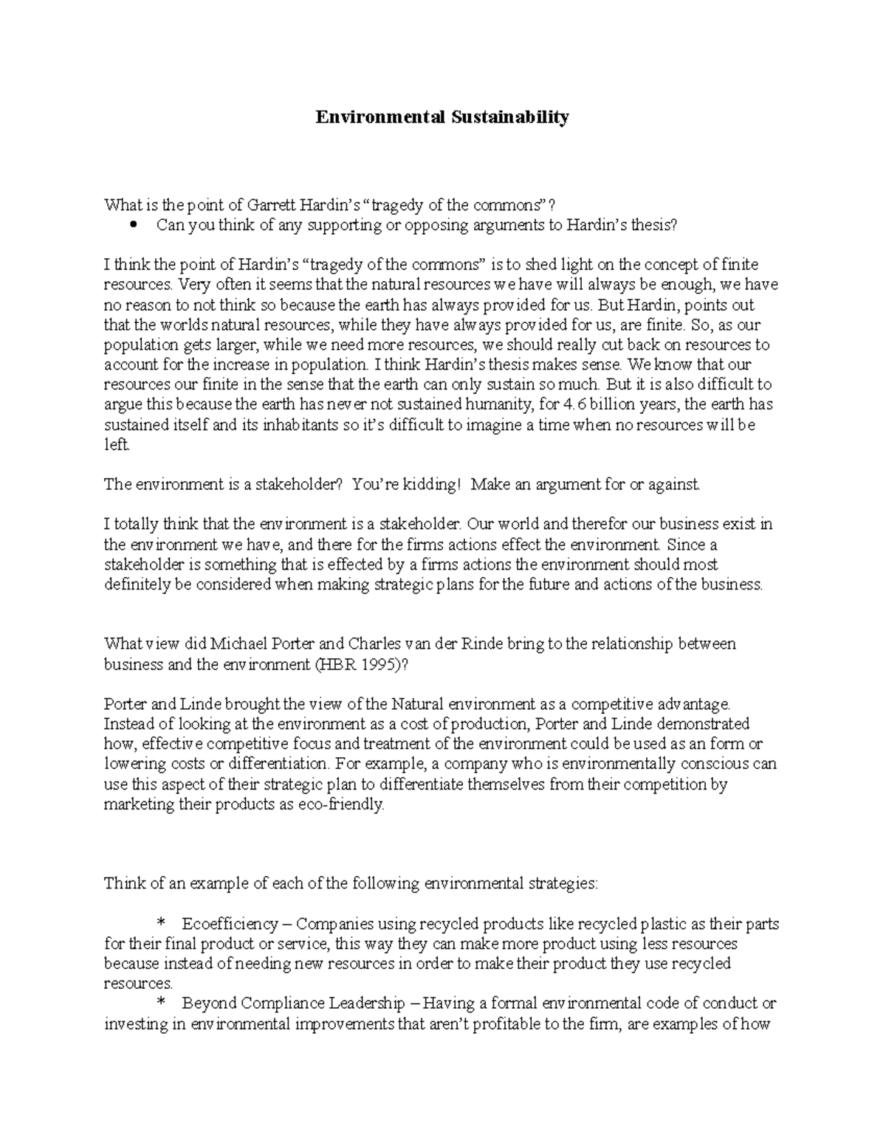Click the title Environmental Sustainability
[443, 117]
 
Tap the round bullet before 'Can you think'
[134, 225]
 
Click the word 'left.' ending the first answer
[117, 444]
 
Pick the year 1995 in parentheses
[374, 664]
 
